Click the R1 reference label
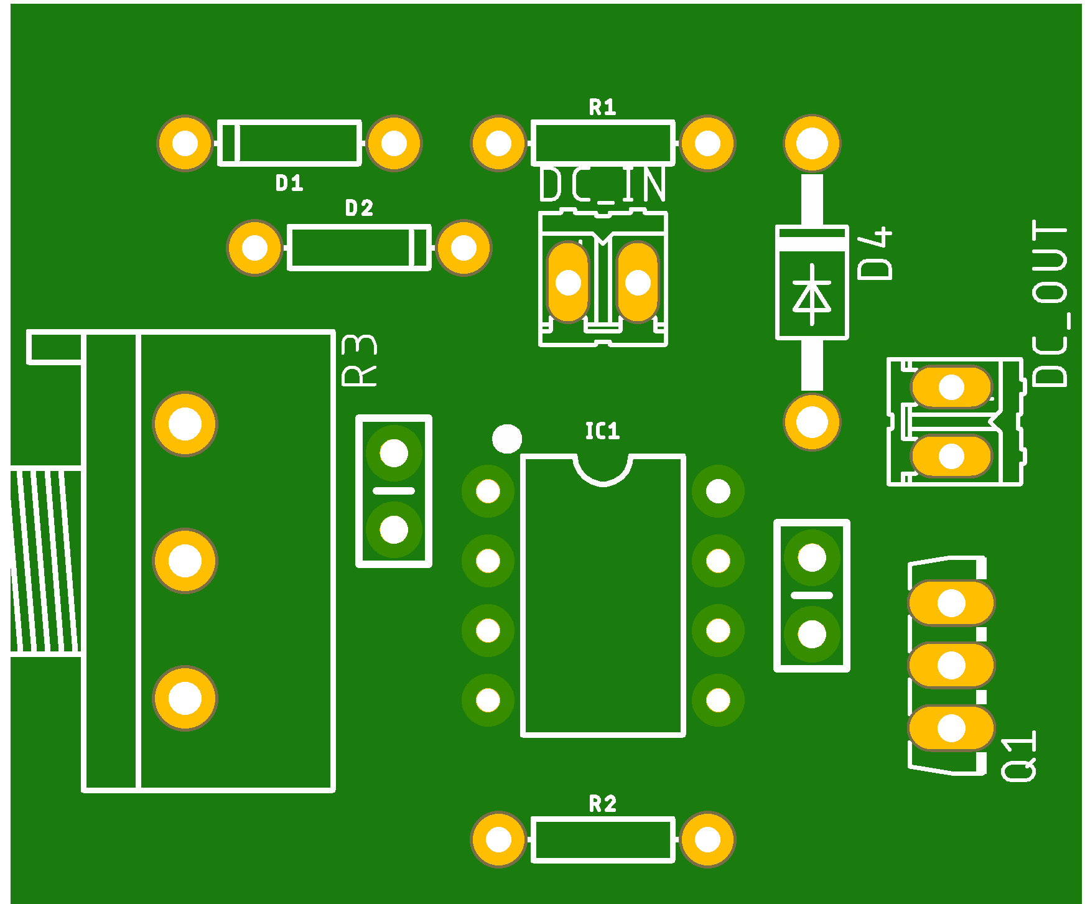(602, 108)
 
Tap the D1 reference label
(289, 183)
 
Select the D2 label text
(359, 208)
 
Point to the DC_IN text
(602, 185)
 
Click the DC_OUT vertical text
(1050, 304)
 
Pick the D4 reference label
(875, 253)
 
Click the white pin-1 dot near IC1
(507, 439)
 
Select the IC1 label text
(602, 431)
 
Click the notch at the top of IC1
(603, 470)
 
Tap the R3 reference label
(360, 361)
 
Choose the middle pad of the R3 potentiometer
(185, 561)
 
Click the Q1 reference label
(1019, 756)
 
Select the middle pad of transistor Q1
(951, 666)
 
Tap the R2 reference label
(602, 804)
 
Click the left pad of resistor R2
(498, 839)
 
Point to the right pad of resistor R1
(707, 143)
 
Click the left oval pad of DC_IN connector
(567, 282)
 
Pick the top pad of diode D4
(812, 143)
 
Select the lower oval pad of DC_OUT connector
(951, 456)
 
